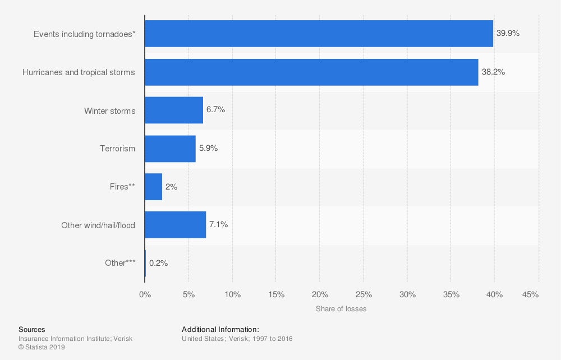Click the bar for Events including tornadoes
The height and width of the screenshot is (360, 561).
click(319, 34)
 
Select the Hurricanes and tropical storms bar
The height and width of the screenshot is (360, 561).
click(311, 72)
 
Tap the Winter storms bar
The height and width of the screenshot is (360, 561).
click(174, 110)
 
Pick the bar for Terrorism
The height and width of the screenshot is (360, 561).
click(170, 149)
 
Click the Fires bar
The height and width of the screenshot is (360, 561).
click(154, 187)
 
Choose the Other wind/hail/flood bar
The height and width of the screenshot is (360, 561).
click(175, 225)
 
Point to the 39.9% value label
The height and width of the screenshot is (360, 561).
click(508, 34)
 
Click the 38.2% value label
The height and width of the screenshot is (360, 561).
click(493, 72)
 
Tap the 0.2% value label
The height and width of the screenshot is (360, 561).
click(158, 262)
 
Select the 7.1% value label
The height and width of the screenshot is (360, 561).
click(218, 225)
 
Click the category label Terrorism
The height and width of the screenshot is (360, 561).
click(117, 149)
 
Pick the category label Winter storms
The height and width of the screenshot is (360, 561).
click(109, 111)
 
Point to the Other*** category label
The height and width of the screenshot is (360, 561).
click(120, 263)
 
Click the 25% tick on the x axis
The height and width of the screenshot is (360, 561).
click(364, 294)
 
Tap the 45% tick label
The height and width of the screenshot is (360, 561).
click(530, 294)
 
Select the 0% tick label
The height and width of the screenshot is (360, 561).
click(145, 294)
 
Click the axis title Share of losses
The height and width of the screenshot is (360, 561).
click(341, 309)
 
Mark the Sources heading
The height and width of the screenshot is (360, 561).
click(32, 330)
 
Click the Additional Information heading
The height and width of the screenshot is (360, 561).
click(220, 330)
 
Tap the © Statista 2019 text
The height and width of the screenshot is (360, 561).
click(42, 348)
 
